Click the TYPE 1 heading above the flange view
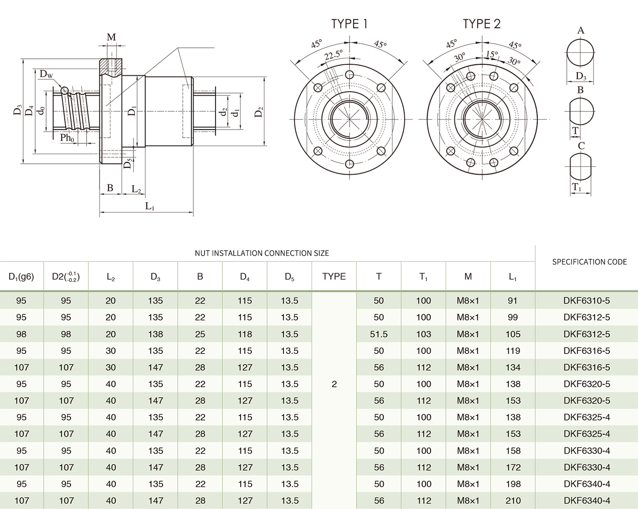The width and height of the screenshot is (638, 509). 349,24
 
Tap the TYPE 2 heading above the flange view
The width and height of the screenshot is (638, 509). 481,24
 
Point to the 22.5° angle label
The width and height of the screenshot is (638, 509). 333,55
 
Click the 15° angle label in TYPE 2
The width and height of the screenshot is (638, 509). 492,54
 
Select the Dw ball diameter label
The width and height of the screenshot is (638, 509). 46,74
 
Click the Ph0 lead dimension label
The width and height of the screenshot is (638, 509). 67,138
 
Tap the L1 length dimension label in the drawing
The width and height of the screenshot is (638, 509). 150,206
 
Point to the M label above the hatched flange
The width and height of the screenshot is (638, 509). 111,37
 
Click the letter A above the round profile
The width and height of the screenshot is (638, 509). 581,31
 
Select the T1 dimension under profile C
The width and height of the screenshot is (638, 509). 577,187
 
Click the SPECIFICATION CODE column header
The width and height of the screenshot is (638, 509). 589,262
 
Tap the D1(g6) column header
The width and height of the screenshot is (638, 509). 21,276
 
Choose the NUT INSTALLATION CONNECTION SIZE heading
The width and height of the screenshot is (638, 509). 262,253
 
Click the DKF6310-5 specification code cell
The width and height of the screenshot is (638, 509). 587,301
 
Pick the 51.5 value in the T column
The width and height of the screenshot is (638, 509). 379,334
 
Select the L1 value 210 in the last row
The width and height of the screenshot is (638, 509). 513,500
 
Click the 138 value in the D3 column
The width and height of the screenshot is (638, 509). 155,334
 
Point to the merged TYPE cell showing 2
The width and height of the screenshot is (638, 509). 334,384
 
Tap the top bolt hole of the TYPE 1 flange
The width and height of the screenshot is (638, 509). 350,75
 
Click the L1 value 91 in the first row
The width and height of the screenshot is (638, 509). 513,301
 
